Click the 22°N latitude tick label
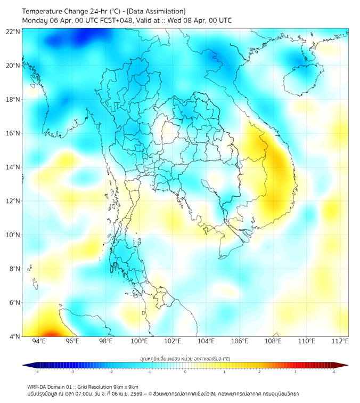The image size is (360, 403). coord(13,31)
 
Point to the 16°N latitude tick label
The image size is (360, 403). coord(13,133)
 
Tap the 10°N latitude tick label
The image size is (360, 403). coord(13,235)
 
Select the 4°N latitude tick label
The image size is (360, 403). coord(14,336)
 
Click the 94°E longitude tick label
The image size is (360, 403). coord(39,341)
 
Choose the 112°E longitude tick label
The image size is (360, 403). coord(340,341)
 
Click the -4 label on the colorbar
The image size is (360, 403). coord(37,372)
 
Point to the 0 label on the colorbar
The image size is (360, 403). coord(185,372)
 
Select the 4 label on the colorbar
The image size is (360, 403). coord(333,372)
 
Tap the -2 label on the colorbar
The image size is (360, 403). coord(111,372)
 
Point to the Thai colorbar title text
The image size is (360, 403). coord(185,358)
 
